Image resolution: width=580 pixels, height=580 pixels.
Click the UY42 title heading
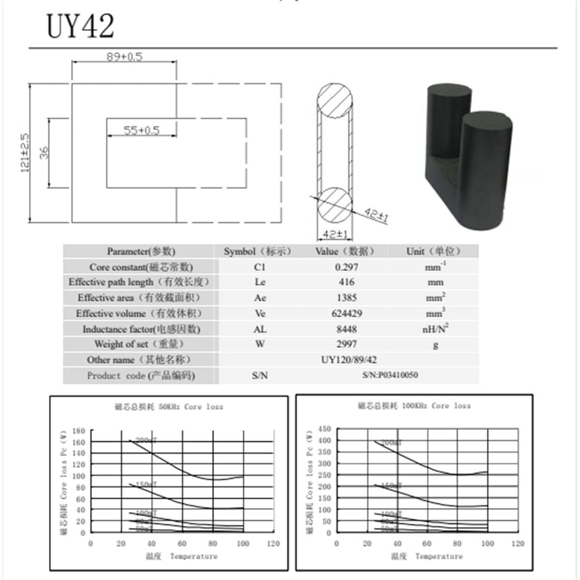point(80,26)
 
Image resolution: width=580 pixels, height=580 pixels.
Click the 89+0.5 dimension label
point(124,57)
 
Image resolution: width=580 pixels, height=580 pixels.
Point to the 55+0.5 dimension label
point(141,130)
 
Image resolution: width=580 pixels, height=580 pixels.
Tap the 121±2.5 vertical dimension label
point(25,153)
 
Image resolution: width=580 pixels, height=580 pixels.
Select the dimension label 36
point(44,153)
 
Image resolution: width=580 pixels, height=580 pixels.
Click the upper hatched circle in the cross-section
point(334,101)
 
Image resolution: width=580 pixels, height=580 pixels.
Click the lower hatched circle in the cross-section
point(334,204)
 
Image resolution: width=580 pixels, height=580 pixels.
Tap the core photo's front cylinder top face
point(487,121)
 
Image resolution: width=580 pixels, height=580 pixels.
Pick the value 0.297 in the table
point(347,267)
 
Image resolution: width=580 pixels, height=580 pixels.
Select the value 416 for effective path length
point(347,282)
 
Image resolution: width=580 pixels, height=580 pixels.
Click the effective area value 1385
point(347,298)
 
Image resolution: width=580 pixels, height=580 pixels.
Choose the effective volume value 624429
point(347,314)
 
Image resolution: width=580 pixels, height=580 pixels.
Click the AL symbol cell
point(260,329)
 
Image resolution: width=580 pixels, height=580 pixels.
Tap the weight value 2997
point(347,344)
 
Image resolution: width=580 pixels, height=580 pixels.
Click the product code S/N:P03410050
point(390,375)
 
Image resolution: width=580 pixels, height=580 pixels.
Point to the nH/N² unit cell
point(435,329)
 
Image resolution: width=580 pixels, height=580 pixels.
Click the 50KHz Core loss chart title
point(169,407)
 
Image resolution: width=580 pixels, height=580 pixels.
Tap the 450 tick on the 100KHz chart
point(325,429)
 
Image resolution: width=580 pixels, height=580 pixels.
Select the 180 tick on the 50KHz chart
point(79,431)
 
